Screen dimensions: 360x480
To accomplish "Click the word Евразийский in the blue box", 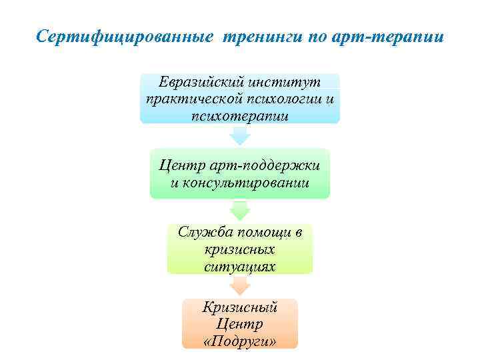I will (202, 83).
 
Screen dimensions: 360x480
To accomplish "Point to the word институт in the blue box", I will (285, 83).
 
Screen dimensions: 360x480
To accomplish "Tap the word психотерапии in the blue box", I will (240, 116).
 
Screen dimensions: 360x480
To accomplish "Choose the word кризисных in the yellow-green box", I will (240, 249).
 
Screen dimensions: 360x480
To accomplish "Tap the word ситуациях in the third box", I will (240, 265).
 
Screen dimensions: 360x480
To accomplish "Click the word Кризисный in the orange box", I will (240, 307).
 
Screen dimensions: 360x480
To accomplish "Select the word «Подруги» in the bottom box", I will (240, 341).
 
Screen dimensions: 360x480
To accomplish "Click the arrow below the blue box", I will (240, 135).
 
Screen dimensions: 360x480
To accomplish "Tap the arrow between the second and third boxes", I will (240, 211).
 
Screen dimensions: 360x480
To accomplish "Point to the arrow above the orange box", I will (240, 285).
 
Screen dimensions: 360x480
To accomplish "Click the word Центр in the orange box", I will (240, 324).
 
